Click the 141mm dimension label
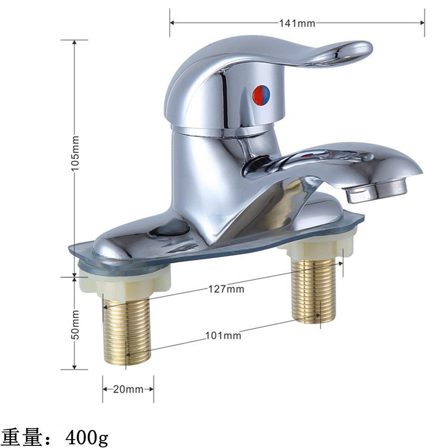coord(297,23)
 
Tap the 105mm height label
coord(75,154)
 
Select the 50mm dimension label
coord(75,325)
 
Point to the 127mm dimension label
coord(226,289)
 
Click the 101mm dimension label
coord(223,335)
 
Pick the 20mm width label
coord(128,389)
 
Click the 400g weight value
coord(87,437)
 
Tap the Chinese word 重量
coord(21,437)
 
